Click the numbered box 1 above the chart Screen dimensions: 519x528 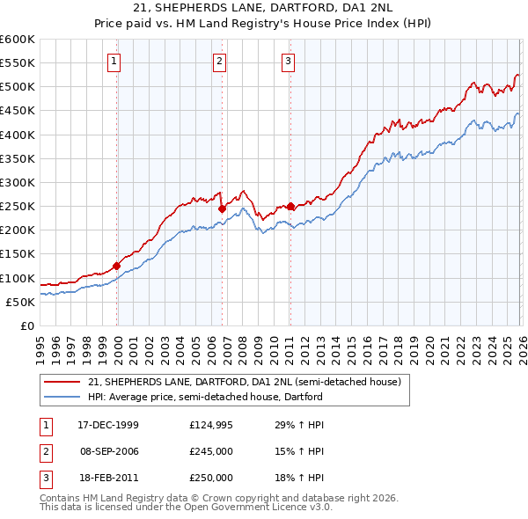[x=116, y=61]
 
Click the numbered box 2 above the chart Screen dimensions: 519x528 [x=220, y=61]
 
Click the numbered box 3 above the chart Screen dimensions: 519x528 [x=289, y=61]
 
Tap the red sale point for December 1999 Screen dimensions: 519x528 [x=117, y=266]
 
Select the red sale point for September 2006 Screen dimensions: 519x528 [x=222, y=208]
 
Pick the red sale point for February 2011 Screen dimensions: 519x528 [x=290, y=206]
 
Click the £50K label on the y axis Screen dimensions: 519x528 [x=20, y=302]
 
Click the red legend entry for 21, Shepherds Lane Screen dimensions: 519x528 [x=244, y=382]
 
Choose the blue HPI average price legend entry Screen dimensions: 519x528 [x=205, y=397]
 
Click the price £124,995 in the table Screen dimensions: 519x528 [x=211, y=425]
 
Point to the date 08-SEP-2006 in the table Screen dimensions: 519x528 [x=108, y=451]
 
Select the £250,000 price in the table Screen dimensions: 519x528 [x=211, y=478]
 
